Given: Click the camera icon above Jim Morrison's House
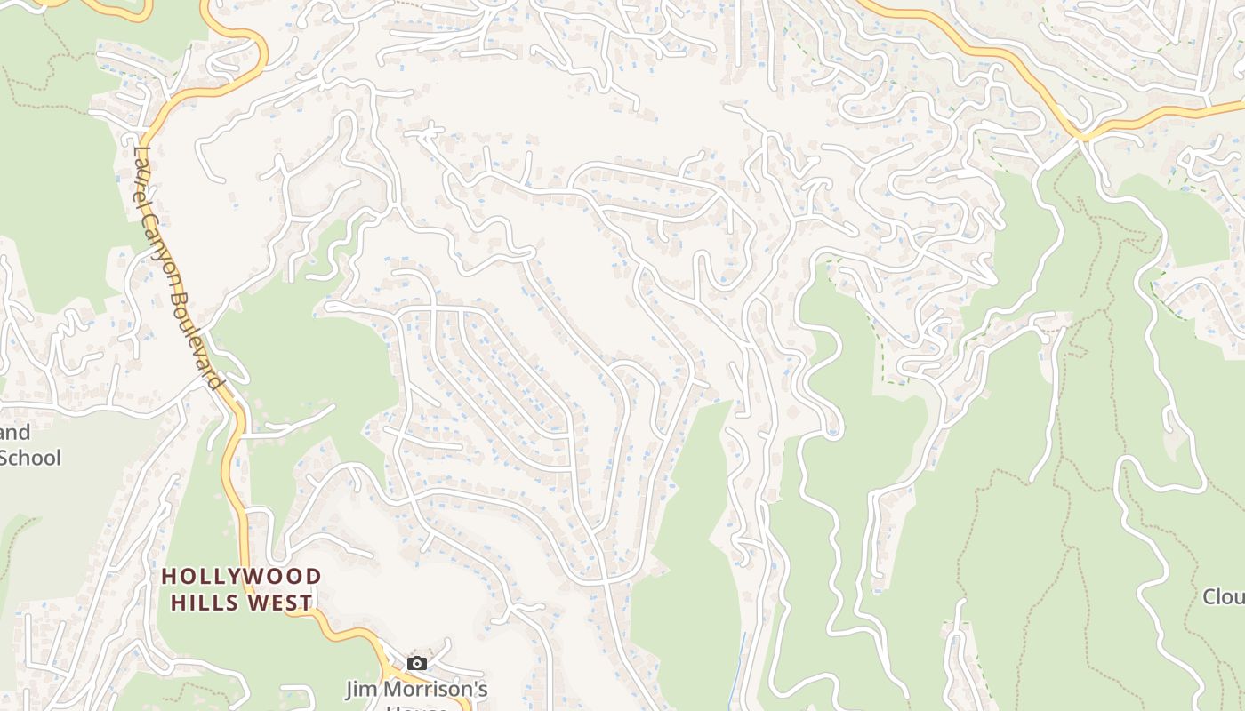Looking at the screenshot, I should tap(416, 663).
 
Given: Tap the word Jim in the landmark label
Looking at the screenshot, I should tap(361, 689).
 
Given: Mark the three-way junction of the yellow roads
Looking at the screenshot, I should tap(1083, 138).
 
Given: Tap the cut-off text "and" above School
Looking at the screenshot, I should tap(15, 434).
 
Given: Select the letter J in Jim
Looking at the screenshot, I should tap(350, 689).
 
